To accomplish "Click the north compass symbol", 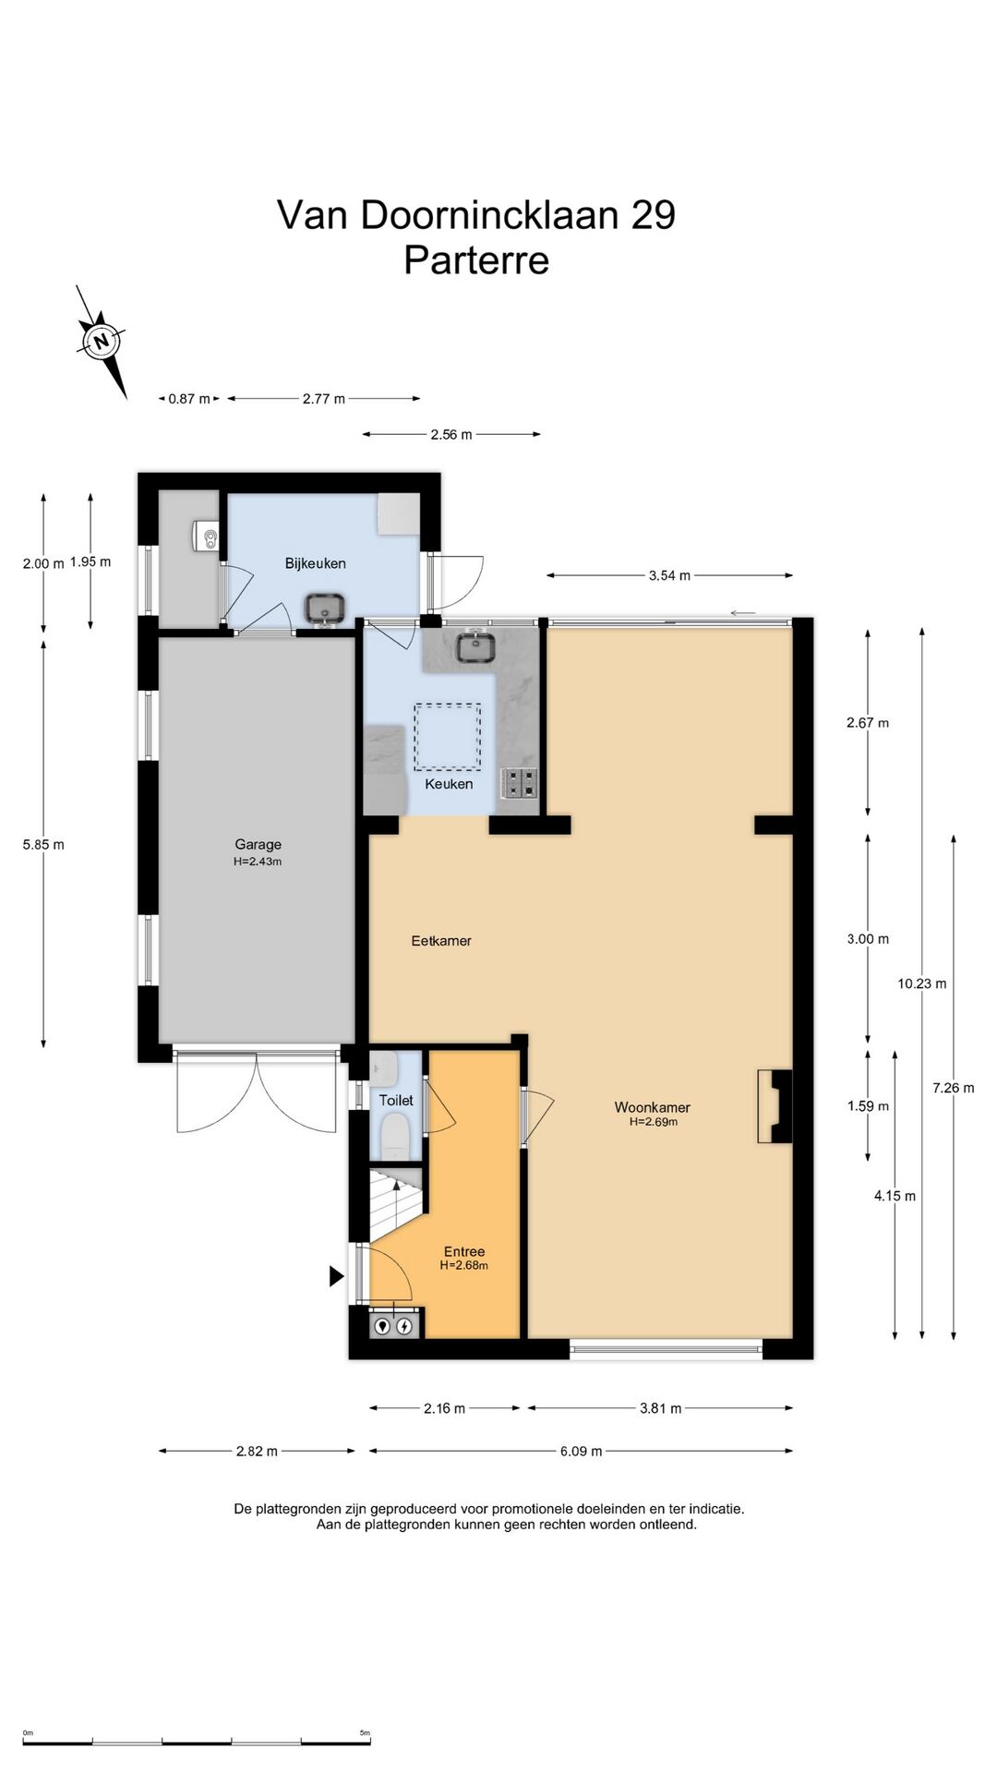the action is [x=102, y=342].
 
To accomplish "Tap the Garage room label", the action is [x=258, y=844].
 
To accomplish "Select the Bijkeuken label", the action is [x=316, y=563].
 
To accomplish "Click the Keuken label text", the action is [x=449, y=784].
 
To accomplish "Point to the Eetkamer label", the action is [x=441, y=941].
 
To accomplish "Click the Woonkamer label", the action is [x=653, y=1107].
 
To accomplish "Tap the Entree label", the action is [x=464, y=1251].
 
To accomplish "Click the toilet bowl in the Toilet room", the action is [x=396, y=1135].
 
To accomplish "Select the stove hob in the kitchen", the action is [x=519, y=783].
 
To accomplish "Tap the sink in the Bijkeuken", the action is [x=325, y=609].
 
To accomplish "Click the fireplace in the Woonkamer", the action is [x=775, y=1106].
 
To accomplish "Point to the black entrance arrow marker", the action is [x=337, y=1276].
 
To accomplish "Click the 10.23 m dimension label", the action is [x=922, y=983].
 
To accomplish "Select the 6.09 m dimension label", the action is [x=582, y=1451].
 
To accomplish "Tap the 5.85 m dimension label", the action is [x=43, y=844].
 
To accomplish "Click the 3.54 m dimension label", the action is [x=669, y=575].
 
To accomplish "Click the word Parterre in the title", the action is [x=476, y=259].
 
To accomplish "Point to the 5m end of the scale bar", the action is [x=369, y=1742].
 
